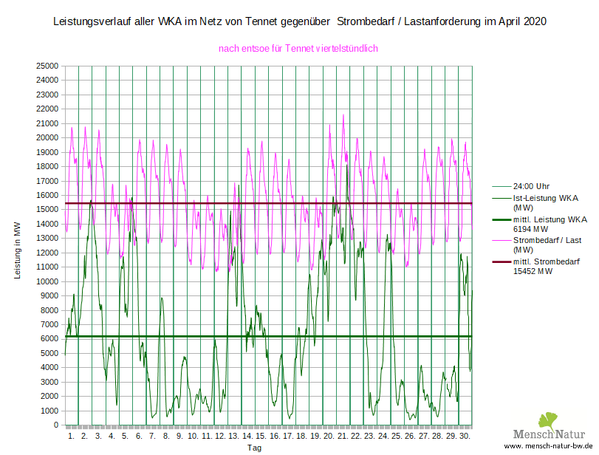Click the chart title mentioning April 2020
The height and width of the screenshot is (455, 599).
tap(300, 22)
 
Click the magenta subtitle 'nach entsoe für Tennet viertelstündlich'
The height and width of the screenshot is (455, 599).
tap(298, 49)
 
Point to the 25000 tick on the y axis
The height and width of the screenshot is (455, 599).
tap(48, 66)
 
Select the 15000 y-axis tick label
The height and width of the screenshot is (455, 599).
tap(48, 210)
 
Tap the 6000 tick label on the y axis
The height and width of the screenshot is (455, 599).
tap(50, 339)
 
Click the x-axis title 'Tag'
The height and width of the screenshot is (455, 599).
tap(254, 448)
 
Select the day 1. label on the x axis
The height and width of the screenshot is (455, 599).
tap(72, 437)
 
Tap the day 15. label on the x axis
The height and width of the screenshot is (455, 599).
tap(261, 437)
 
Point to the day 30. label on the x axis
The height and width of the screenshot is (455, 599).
tap(465, 437)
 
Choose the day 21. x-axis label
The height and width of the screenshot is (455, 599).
tap(343, 437)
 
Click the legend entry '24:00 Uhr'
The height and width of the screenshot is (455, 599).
tap(531, 186)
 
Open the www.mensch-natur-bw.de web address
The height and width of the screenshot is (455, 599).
tap(549, 447)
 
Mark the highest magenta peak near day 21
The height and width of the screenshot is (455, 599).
tap(343, 114)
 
